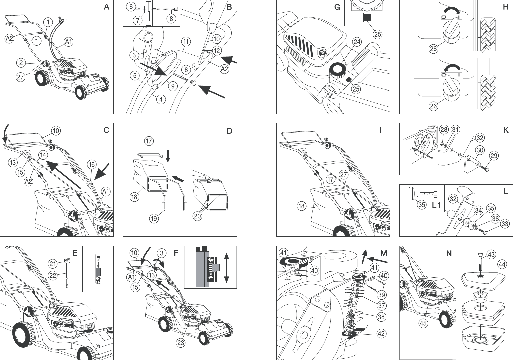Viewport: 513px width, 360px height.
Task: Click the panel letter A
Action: (x=106, y=7)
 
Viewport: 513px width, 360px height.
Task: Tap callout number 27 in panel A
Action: (x=21, y=77)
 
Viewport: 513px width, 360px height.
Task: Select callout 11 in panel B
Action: (x=186, y=42)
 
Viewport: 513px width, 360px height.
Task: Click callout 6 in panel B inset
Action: (x=131, y=7)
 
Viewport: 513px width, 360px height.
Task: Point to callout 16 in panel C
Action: (x=92, y=164)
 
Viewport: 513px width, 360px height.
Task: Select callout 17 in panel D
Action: (x=149, y=141)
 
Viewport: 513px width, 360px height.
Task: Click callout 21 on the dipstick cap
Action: (x=53, y=264)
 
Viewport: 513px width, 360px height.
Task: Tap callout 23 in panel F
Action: (x=181, y=343)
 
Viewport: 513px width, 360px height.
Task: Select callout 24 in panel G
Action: (x=357, y=42)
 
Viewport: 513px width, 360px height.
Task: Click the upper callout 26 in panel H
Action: (x=433, y=49)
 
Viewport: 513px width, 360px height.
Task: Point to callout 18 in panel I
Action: (x=301, y=206)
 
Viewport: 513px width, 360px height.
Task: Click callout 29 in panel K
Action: (x=494, y=156)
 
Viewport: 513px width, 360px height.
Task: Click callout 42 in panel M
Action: (x=381, y=333)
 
